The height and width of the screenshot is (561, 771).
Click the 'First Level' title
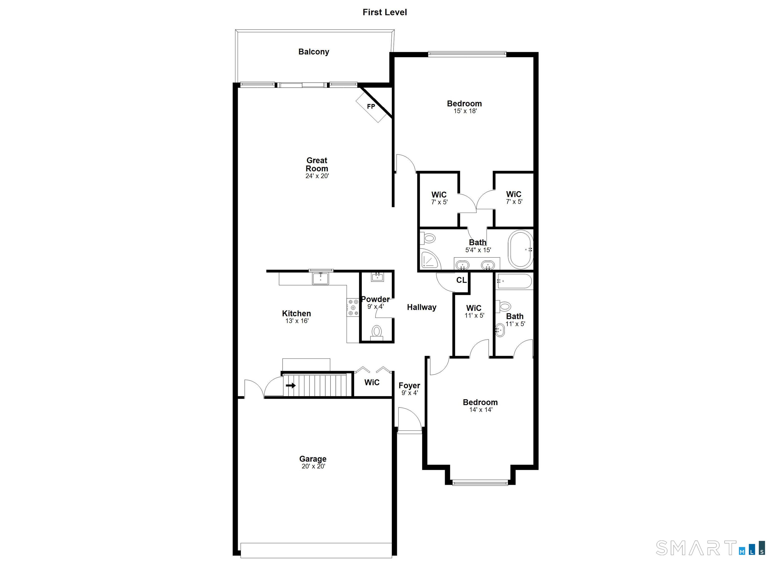384,12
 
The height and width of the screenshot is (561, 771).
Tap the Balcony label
314,52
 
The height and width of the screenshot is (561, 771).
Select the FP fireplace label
371,106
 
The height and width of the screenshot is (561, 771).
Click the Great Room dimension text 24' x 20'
317,176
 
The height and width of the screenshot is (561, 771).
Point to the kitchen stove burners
353,308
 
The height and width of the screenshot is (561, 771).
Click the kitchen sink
320,278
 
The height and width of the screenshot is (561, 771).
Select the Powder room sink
377,277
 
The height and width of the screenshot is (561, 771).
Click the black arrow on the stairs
291,385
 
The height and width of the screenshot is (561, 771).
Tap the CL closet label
461,280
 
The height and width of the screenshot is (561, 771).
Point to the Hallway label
422,307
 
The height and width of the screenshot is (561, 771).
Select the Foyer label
409,385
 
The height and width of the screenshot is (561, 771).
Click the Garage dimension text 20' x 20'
313,466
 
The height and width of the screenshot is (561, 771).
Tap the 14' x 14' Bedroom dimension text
481,410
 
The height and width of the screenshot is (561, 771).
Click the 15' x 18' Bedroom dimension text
465,111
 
